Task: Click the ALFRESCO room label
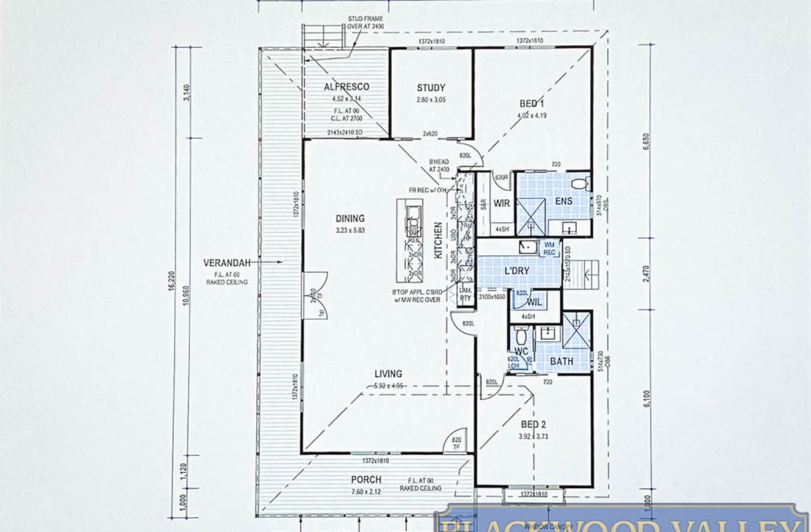[x=346, y=87]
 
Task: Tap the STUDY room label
[x=431, y=88]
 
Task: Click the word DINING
[x=350, y=218]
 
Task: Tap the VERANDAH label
[x=227, y=263]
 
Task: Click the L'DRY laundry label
[x=517, y=273]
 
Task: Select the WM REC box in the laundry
[x=550, y=248]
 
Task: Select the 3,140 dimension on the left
[x=187, y=92]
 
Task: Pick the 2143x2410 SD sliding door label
[x=345, y=133]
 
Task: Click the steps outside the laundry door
[x=587, y=273]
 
